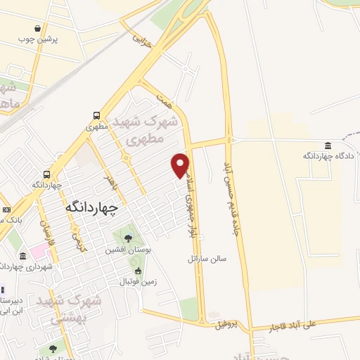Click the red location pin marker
point(181,165)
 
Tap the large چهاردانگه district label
point(91,207)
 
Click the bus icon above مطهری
point(96,116)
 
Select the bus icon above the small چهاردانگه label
point(47,174)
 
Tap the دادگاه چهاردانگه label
point(326,155)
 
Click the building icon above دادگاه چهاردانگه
point(327,146)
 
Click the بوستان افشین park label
point(126,250)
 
